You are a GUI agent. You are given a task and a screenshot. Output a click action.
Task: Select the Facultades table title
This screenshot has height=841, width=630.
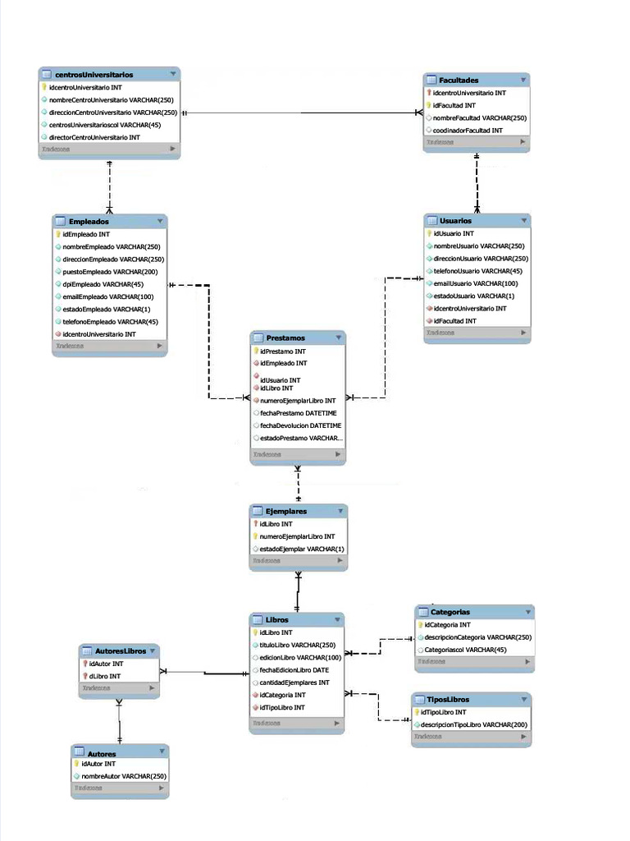click(459, 80)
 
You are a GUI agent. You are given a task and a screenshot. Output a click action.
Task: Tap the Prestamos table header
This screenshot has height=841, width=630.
click(285, 338)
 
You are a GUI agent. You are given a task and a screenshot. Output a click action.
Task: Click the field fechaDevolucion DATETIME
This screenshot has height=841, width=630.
click(300, 425)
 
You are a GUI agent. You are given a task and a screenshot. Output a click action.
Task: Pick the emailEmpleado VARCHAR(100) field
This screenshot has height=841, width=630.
click(108, 296)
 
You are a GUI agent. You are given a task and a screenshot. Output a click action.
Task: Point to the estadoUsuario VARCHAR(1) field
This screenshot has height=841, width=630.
click(474, 296)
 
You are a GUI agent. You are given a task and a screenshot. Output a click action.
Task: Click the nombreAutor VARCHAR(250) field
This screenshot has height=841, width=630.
click(124, 776)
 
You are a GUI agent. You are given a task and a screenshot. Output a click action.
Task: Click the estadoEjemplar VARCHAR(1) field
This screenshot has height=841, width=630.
click(303, 549)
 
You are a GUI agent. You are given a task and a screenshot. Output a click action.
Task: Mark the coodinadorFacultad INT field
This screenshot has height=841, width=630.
click(468, 131)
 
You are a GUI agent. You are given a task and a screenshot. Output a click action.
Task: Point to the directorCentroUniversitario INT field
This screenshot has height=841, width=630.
click(94, 137)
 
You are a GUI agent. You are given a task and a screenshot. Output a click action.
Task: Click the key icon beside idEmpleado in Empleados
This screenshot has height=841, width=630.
click(58, 234)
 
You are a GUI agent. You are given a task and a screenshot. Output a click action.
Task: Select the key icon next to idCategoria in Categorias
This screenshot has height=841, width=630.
click(420, 625)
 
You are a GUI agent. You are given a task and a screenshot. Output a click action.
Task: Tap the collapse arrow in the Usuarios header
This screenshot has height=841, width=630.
click(523, 220)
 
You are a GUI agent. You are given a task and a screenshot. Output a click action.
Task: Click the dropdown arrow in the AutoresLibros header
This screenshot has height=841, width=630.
click(152, 650)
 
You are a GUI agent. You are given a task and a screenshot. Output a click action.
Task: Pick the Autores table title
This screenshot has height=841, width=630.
click(102, 753)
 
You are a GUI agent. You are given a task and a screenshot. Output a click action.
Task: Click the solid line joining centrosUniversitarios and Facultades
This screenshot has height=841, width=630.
click(304, 113)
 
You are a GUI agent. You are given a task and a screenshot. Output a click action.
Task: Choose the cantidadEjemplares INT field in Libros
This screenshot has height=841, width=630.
click(294, 682)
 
